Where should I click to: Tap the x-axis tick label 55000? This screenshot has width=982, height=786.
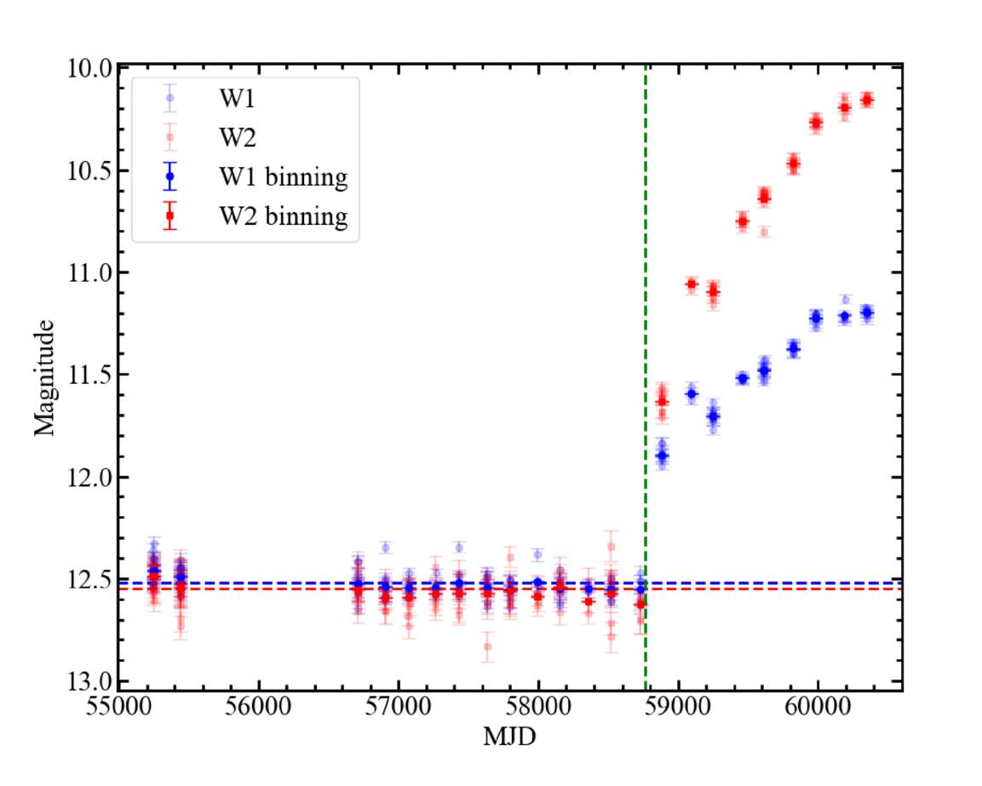(x=119, y=709)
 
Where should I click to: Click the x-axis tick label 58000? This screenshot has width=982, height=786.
(x=538, y=709)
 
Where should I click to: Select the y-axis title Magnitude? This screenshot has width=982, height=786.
(x=45, y=376)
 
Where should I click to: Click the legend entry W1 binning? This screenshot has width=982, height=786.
(x=282, y=178)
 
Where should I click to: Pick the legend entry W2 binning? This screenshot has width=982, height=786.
(x=282, y=217)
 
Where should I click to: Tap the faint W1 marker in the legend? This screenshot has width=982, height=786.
(x=170, y=98)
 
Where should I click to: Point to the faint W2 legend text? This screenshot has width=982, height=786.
(x=234, y=137)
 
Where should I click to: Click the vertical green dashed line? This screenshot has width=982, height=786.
(x=646, y=341)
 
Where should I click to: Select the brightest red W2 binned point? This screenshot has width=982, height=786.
(x=867, y=100)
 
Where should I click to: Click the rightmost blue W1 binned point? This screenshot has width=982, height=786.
(x=867, y=313)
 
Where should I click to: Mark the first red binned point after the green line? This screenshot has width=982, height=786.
(x=662, y=401)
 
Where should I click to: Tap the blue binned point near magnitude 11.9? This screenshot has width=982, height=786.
(x=662, y=456)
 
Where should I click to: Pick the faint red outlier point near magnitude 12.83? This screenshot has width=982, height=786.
(x=487, y=646)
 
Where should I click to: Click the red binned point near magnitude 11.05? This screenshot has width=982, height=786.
(x=692, y=284)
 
